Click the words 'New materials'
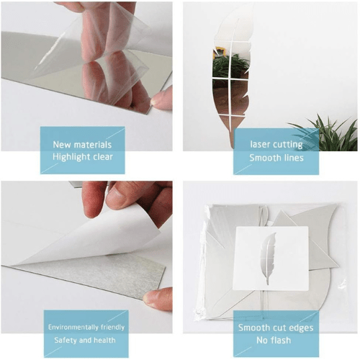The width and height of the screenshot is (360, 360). click(x=82, y=143)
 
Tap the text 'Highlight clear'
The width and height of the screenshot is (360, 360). click(x=82, y=157)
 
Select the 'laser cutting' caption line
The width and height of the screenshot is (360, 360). click(x=275, y=143)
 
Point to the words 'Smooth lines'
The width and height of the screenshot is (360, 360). click(x=275, y=157)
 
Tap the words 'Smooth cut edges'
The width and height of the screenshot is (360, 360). click(x=276, y=328)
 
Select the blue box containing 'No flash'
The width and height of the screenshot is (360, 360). click(x=276, y=334)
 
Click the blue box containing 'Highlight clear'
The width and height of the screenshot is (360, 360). click(x=82, y=150)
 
